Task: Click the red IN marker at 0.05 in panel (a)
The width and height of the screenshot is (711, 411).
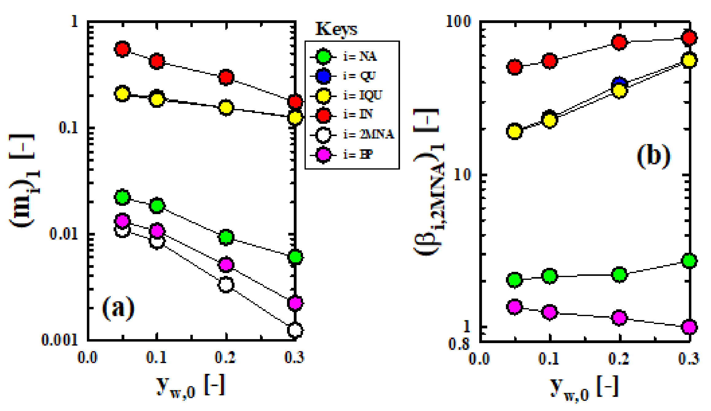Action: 122,49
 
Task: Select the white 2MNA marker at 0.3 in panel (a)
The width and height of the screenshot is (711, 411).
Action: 295,330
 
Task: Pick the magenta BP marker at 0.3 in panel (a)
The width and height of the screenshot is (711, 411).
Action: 295,303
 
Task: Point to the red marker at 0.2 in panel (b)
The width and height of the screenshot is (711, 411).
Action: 619,42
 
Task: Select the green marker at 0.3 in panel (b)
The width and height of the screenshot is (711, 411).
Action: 689,261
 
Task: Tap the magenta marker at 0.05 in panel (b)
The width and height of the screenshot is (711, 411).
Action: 515,306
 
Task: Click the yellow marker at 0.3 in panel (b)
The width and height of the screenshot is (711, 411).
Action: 689,60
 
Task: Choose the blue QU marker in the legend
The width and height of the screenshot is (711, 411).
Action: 323,76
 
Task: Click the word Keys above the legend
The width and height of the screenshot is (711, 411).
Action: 336,29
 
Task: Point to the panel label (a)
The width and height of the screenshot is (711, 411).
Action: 118,308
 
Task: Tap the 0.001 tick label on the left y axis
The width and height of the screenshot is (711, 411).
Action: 60,340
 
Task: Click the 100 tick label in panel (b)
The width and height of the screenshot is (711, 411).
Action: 458,22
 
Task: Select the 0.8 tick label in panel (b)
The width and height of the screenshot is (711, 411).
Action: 459,344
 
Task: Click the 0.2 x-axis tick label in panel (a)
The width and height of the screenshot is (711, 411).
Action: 225,358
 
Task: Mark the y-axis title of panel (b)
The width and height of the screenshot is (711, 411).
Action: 428,181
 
